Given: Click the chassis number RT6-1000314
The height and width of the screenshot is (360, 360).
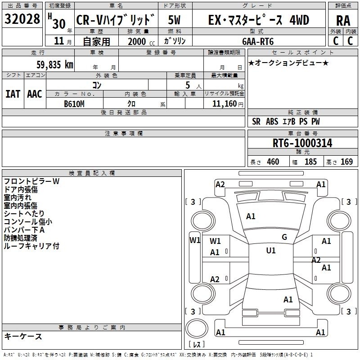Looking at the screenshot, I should click(302, 144).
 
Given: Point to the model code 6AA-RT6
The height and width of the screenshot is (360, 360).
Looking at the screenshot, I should click(258, 41).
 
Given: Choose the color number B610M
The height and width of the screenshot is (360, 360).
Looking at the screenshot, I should click(74, 103).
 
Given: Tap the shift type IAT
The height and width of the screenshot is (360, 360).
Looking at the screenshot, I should click(13, 94).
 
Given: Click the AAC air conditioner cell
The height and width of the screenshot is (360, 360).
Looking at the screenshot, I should click(34, 94).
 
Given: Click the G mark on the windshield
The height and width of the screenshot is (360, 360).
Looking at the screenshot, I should click(284, 237).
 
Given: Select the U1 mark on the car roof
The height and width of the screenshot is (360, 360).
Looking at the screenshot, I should click(270, 251).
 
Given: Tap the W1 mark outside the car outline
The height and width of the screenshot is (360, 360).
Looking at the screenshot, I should click(195, 240).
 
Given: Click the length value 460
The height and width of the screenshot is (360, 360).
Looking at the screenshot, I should click(273, 162).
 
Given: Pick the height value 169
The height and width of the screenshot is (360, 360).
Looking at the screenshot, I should click(346, 162).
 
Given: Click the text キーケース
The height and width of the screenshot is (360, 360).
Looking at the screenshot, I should click(23, 336).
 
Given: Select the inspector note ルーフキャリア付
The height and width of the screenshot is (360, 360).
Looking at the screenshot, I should click(31, 246).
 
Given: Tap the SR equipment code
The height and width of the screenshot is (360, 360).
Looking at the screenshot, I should click(256, 122).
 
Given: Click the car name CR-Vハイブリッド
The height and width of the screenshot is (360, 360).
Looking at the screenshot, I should click(115, 20).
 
